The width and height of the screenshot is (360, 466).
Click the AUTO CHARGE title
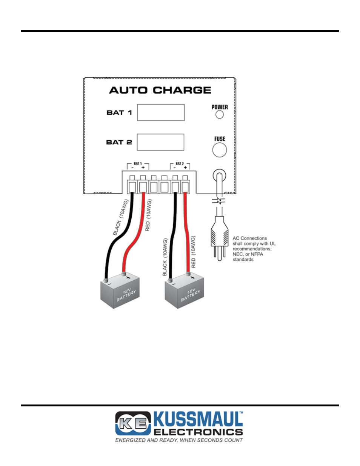pos(160,90)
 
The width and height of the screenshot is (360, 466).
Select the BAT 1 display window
pos(161,112)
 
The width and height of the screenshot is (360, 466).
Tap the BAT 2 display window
pos(160,142)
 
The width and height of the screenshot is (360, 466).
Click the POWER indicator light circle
pos(220,114)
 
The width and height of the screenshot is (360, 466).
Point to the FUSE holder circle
pos(220,150)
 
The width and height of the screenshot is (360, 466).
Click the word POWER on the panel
pos(220,107)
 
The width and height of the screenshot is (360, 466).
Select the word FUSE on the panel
pos(220,139)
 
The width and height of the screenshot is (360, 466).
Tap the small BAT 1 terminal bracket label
pos(138,164)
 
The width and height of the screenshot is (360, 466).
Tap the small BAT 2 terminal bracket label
pos(180,164)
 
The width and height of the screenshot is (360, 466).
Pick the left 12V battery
pos(120,292)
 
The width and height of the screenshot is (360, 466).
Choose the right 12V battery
pos(185,292)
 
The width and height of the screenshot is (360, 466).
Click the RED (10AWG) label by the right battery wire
pos(193,252)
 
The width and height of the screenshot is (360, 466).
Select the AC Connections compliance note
pos(254,249)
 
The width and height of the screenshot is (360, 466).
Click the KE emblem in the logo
pos(133,423)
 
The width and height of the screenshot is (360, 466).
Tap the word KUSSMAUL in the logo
pos(198,419)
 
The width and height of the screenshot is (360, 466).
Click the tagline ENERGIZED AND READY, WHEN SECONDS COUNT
pos(179,440)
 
